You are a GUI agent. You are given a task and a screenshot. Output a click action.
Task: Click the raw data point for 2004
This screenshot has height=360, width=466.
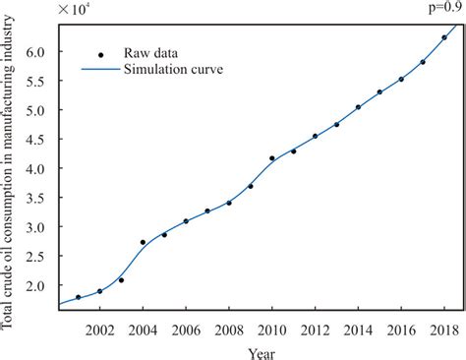(143, 242)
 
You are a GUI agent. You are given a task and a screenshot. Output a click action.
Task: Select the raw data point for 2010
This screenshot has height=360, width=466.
(272, 158)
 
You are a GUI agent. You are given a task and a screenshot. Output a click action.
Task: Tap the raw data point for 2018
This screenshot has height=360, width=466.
(444, 37)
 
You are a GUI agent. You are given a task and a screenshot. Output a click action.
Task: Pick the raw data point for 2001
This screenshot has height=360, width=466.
(78, 297)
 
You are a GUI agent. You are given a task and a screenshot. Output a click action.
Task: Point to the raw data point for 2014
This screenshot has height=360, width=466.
(358, 107)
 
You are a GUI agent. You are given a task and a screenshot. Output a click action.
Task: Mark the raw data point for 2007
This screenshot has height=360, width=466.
(207, 210)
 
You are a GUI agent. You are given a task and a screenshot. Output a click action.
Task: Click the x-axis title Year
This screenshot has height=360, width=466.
(261, 350)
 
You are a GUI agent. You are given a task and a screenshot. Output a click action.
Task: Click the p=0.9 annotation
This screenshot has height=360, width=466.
(440, 8)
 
